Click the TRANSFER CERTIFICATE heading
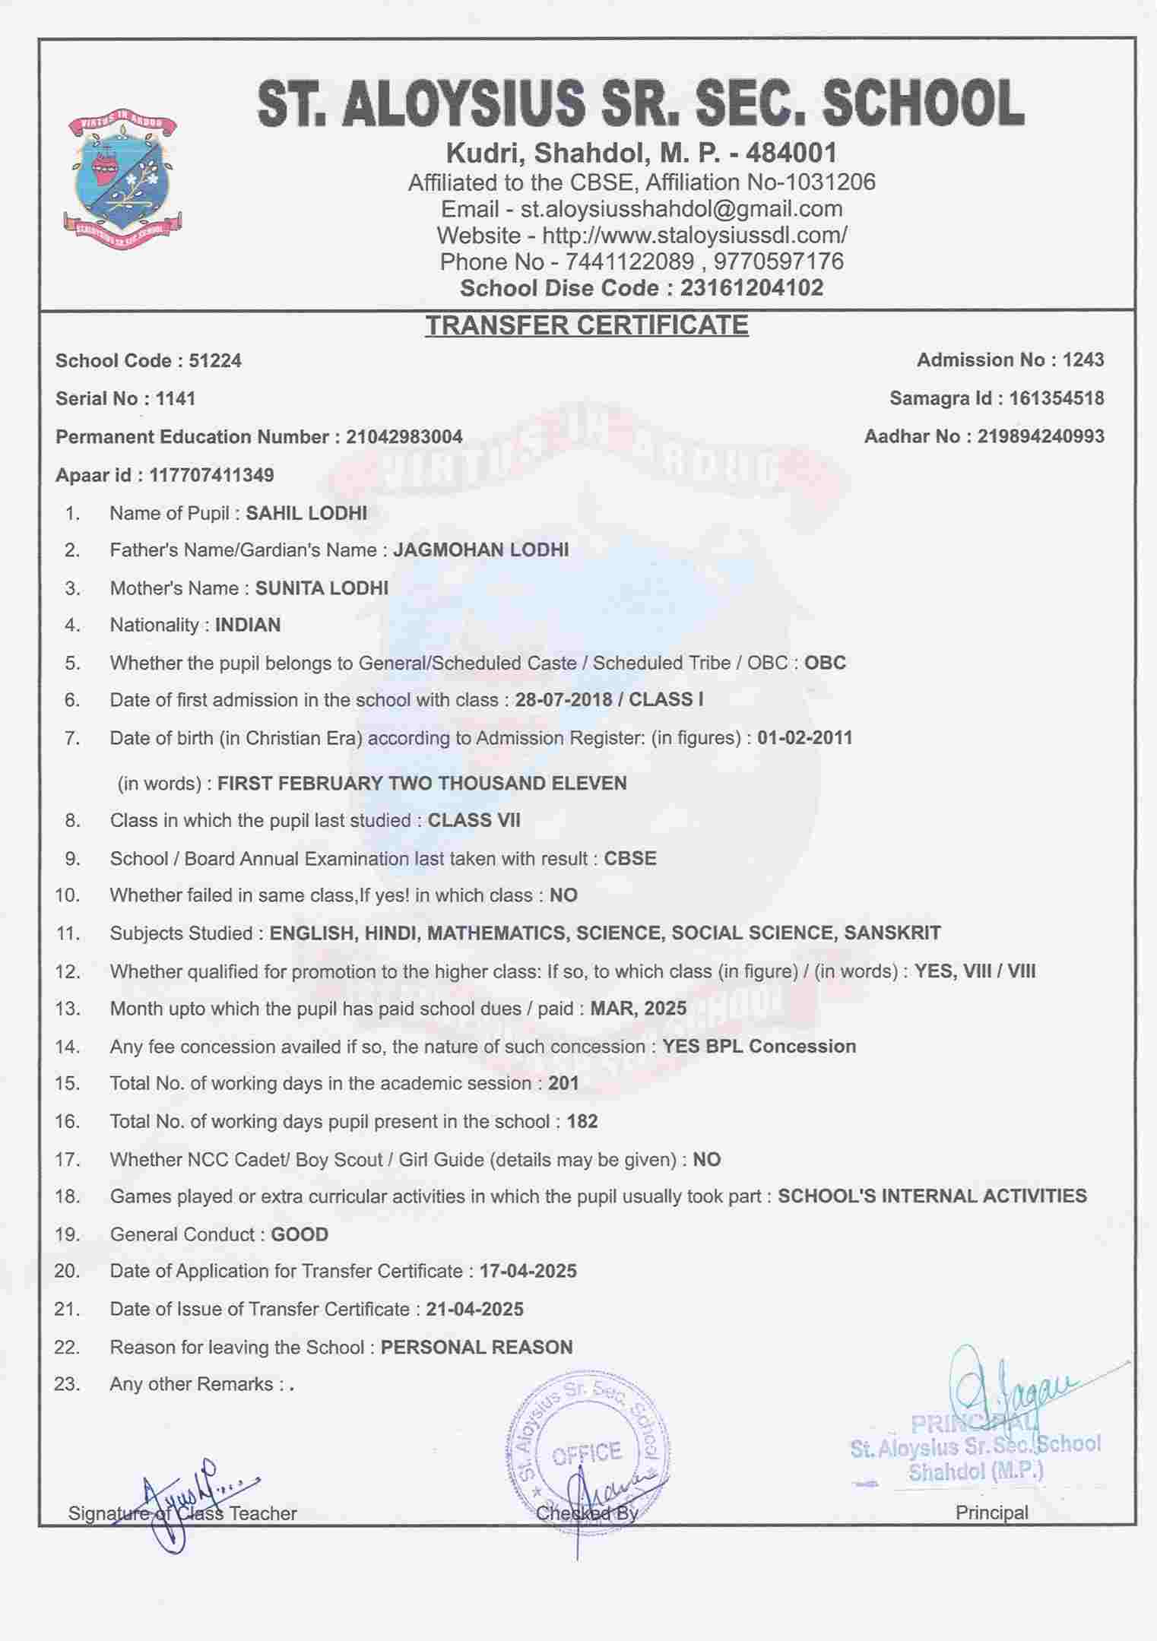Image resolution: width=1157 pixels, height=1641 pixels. click(586, 325)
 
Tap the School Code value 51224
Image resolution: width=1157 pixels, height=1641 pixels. click(215, 360)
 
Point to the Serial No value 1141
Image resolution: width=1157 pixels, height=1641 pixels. click(176, 398)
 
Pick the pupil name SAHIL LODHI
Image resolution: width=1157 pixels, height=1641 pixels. click(306, 513)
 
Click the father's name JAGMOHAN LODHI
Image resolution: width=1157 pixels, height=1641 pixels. click(480, 550)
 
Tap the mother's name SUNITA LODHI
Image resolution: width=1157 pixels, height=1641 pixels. click(322, 588)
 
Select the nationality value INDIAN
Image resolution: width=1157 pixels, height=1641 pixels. click(248, 625)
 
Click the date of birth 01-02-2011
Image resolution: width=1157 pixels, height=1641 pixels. click(805, 737)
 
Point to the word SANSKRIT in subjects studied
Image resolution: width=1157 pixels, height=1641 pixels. click(892, 933)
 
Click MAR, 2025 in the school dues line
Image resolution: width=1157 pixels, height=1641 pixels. click(639, 1009)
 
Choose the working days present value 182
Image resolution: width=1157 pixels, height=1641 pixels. click(582, 1122)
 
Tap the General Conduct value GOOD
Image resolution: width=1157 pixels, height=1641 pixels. click(300, 1234)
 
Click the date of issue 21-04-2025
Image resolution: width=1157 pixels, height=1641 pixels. click(474, 1309)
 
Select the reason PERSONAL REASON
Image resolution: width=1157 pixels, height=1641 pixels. click(477, 1347)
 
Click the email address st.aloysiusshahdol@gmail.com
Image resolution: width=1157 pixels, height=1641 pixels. click(681, 209)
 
